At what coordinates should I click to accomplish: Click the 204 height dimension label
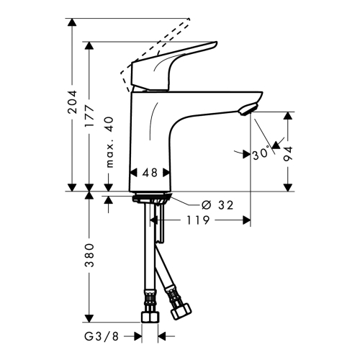(x=72, y=102)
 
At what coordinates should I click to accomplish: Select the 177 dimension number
(x=89, y=116)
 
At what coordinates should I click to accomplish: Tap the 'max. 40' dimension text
(x=109, y=142)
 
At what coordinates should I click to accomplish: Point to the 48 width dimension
(x=150, y=173)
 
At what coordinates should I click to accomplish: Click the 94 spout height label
(x=288, y=153)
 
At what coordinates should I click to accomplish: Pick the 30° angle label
(x=261, y=154)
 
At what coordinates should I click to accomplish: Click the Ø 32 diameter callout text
(x=217, y=205)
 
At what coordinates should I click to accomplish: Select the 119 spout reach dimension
(x=198, y=220)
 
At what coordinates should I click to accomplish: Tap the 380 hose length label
(x=89, y=256)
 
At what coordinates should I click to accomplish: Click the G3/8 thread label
(x=102, y=336)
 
